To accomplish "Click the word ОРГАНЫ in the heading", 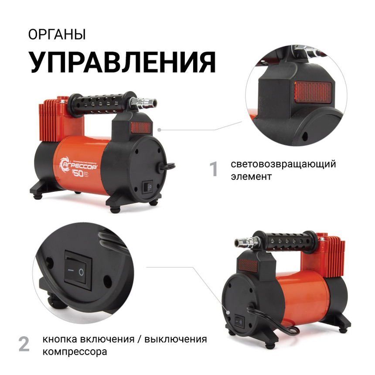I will click(x=57, y=35).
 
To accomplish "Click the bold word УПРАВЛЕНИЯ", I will click(x=122, y=62).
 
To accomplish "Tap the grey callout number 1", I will click(x=214, y=170).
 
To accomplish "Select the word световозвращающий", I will click(x=283, y=164).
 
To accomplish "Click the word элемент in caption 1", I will click(x=252, y=177).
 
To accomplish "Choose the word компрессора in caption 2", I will click(x=74, y=351).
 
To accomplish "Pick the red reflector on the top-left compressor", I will click(x=140, y=128).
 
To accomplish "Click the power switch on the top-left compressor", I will click(x=148, y=187).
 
